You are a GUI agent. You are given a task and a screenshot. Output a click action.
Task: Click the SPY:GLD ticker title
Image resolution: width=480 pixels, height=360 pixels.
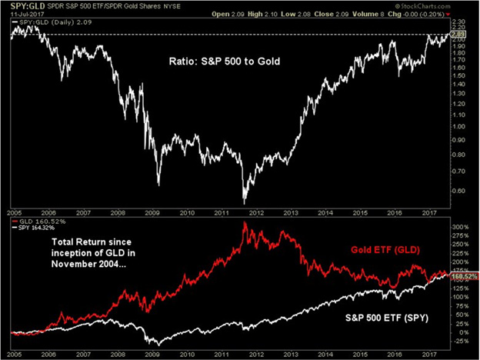coord(23,6)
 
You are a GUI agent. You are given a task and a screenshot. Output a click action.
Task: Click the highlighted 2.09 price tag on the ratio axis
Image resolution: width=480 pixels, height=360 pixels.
coord(459,35)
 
